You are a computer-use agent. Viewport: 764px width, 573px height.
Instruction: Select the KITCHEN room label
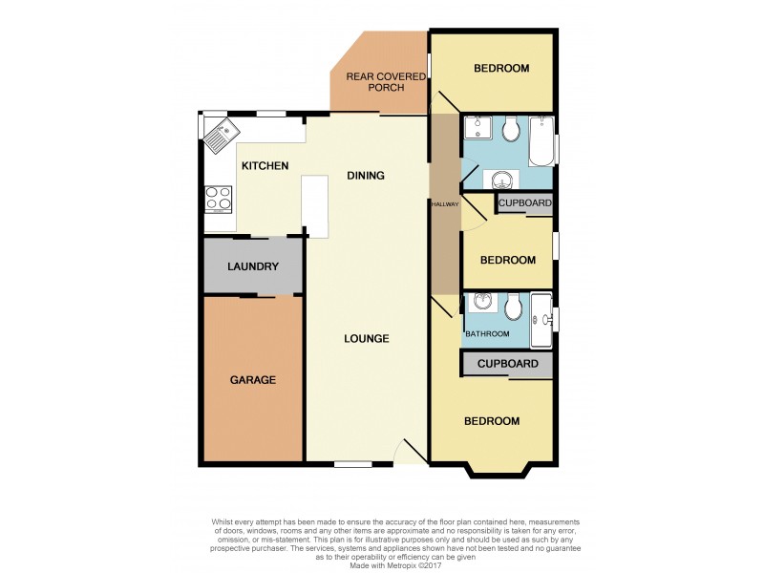pyautogui.click(x=265, y=166)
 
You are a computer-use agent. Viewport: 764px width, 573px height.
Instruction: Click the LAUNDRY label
pyautogui.click(x=252, y=267)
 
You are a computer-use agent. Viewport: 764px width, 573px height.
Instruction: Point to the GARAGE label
pyautogui.click(x=252, y=380)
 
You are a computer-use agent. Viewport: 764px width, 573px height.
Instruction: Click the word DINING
pyautogui.click(x=365, y=176)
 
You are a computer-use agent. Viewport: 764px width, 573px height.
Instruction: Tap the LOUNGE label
pyautogui.click(x=367, y=339)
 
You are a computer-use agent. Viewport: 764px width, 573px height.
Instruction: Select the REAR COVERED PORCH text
pyautogui.click(x=375, y=82)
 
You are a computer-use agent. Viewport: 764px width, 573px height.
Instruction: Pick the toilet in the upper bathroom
pyautogui.click(x=512, y=129)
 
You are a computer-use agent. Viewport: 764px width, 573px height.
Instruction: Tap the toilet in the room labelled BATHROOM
pyautogui.click(x=513, y=307)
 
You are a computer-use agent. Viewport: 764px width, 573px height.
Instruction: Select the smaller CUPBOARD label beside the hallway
pyautogui.click(x=524, y=203)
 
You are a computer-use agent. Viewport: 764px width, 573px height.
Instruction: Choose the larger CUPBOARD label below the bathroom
pyautogui.click(x=507, y=364)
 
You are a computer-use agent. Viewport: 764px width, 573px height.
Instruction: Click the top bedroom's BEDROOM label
pyautogui.click(x=501, y=68)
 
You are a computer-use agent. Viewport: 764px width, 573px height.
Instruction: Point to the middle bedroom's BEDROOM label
pyautogui.click(x=507, y=261)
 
